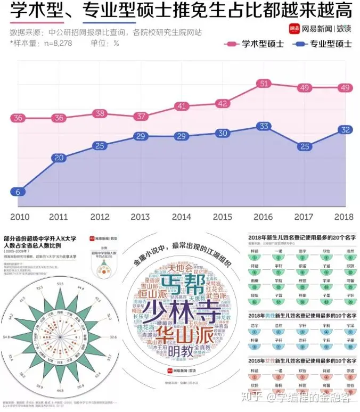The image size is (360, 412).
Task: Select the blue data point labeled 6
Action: (18, 192)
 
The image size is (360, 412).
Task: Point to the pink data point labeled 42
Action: (223, 104)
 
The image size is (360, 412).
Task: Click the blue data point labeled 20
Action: (59, 157)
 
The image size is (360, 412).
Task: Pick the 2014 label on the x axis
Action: (182, 217)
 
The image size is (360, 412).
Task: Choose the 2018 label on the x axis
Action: (344, 217)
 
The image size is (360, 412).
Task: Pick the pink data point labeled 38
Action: (100, 113)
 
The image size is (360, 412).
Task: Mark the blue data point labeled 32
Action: (345, 129)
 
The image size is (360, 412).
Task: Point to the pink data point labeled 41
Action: (182, 106)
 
